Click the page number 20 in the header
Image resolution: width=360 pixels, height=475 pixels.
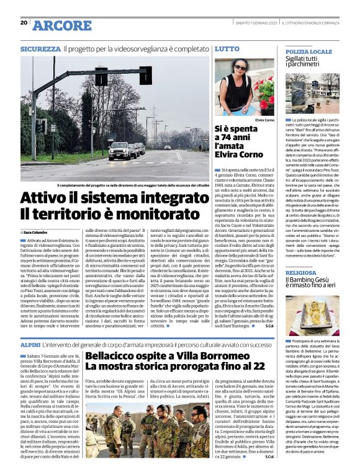[24, 22]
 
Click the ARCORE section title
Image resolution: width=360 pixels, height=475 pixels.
[61, 25]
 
